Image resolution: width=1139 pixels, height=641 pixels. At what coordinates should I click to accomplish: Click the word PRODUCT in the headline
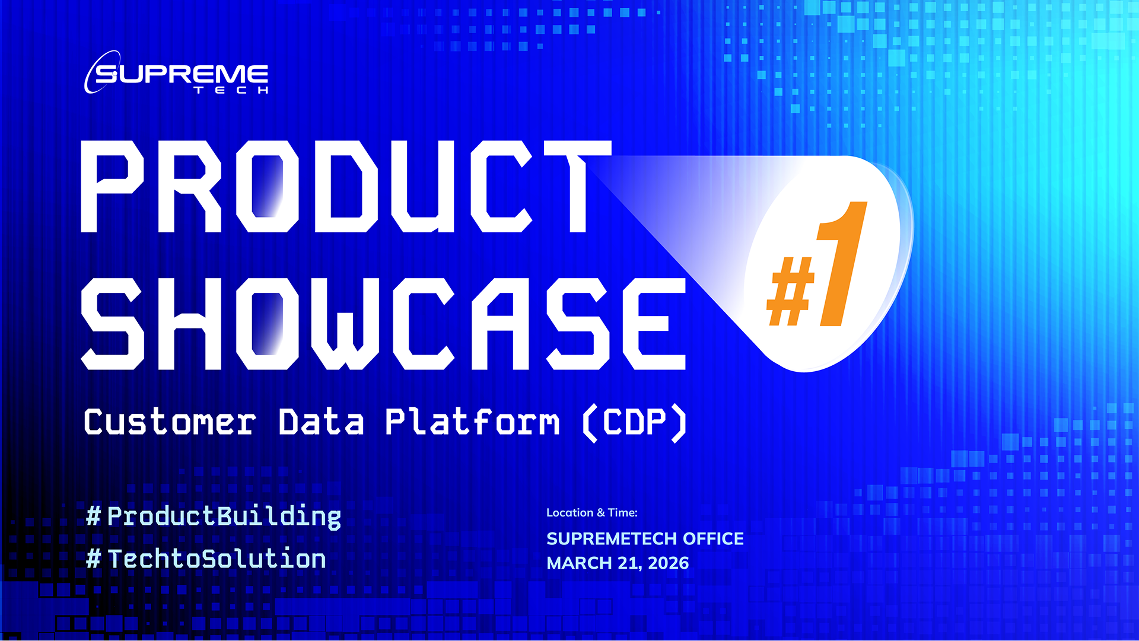(x=344, y=187)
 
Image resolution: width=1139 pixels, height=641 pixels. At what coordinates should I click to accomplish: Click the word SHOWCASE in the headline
(x=383, y=323)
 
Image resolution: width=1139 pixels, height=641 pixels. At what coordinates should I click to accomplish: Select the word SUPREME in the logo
(x=182, y=75)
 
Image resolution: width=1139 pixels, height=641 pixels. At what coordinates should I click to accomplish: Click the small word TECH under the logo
(x=231, y=91)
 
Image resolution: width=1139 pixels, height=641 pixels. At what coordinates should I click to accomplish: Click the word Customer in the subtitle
(x=170, y=422)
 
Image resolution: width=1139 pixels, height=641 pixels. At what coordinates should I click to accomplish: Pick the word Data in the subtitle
(x=321, y=422)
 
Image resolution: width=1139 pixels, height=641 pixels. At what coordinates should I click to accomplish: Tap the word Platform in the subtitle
(x=472, y=422)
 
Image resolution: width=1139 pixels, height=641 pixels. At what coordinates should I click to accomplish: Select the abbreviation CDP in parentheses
(x=635, y=422)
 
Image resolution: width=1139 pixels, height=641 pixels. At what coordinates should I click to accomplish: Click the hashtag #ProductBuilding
(x=214, y=516)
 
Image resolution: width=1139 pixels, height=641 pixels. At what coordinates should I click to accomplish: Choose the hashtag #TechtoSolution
(x=206, y=559)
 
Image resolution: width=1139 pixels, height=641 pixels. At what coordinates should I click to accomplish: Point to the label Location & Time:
(x=591, y=513)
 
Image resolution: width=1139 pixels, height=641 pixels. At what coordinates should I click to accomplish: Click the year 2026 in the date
(x=668, y=563)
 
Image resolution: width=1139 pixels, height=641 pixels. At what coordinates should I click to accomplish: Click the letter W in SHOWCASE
(x=344, y=323)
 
